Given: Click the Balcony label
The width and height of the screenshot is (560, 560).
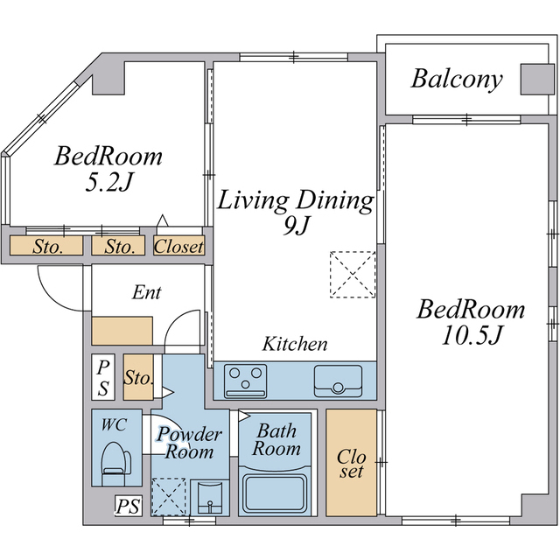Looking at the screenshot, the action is pos(457,79).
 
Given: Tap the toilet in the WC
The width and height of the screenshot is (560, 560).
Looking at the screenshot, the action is pos(115,464).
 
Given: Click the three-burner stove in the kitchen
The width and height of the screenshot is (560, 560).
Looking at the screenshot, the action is pos(245,381).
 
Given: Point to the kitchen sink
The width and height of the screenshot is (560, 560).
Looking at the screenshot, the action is pos(338,381).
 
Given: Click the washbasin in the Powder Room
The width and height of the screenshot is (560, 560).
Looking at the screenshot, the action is pos(209,498).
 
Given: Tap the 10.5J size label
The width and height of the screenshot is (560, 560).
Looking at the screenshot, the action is pos(472,336).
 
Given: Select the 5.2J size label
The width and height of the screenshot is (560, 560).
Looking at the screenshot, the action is pos(108,183).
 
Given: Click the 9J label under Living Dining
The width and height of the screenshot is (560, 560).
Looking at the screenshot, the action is pos(296,226).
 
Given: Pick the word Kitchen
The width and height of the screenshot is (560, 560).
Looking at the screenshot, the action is pos(295,344).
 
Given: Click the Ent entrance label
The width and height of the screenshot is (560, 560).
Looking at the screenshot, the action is pos(146,292).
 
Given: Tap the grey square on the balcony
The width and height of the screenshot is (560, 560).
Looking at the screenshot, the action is pos(537,80).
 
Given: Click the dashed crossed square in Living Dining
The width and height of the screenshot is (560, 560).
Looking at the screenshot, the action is pos(353,274).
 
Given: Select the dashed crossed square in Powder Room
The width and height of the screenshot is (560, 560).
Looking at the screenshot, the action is pos(169,496).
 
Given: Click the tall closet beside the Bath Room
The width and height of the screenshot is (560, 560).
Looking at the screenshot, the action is pos(352,463).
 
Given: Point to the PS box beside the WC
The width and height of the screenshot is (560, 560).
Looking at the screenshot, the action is pos(129,506).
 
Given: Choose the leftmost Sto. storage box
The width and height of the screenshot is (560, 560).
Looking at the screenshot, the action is pos(46,245).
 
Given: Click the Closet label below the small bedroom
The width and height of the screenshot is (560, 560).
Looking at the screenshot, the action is pos(178,246).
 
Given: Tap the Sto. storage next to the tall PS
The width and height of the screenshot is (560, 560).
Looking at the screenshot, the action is pos(138,377).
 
